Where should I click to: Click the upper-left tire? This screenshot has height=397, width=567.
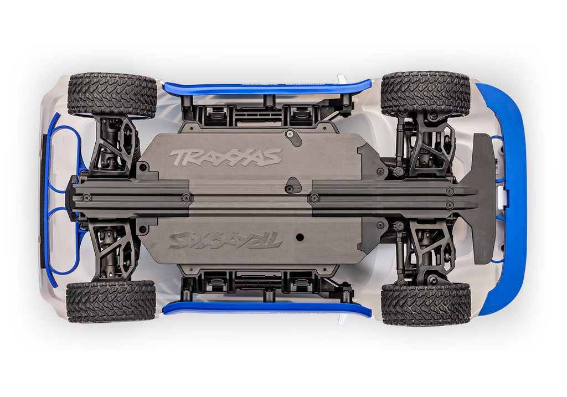click(x=112, y=95)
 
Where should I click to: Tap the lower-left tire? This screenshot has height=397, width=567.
click(x=111, y=301)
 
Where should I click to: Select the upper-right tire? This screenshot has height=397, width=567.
click(x=425, y=94)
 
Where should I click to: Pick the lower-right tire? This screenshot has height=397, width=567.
click(x=425, y=304)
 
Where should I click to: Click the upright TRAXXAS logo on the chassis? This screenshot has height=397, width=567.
click(x=225, y=157)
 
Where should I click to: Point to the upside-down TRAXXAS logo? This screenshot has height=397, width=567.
click(x=225, y=239)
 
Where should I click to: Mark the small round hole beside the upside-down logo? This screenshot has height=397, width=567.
click(x=300, y=236)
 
